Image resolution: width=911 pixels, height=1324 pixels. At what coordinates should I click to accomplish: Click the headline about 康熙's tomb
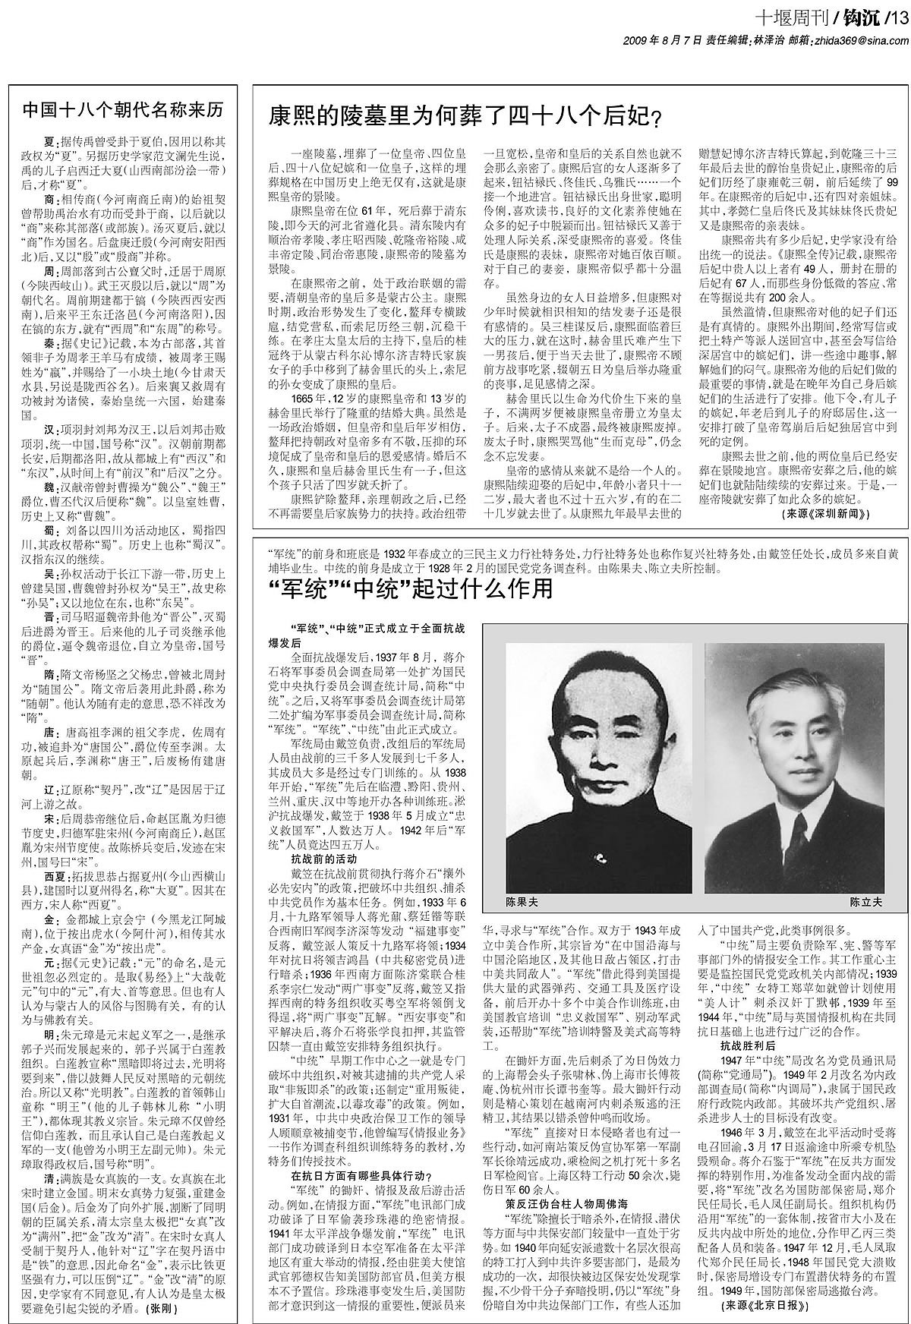click(x=465, y=116)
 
